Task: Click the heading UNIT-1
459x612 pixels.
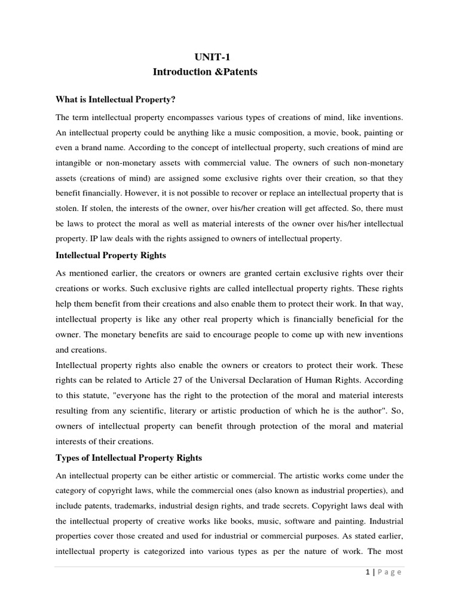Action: point(212,57)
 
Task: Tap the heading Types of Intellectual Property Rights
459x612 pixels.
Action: point(128,458)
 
